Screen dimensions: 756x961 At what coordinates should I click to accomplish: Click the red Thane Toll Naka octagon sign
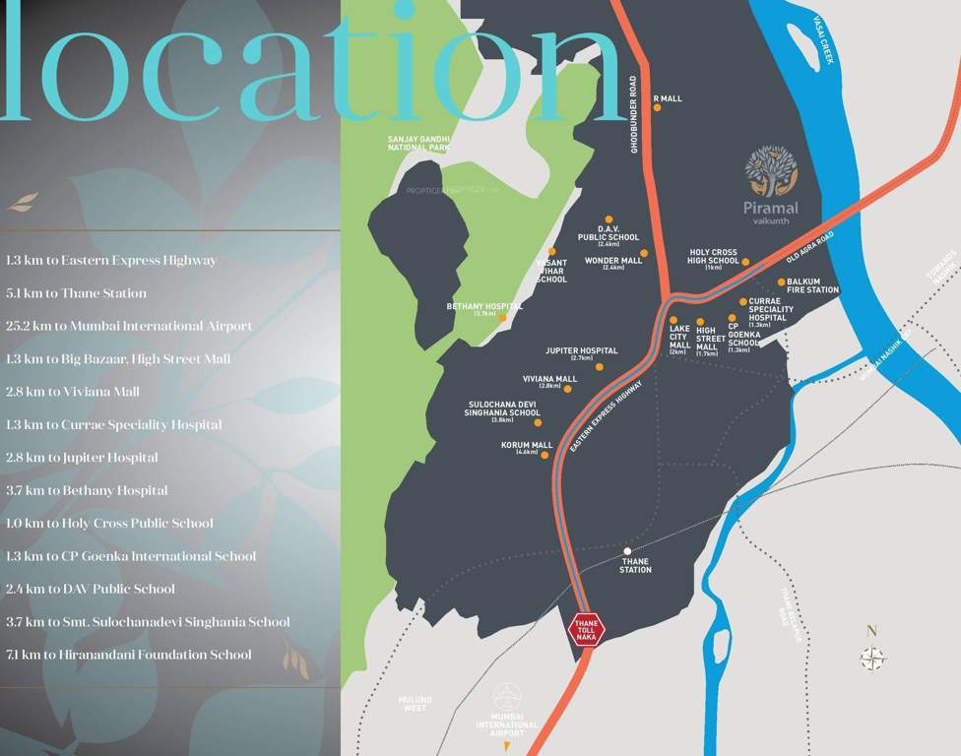click(x=587, y=630)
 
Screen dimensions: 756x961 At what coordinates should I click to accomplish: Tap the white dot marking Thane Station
click(x=627, y=551)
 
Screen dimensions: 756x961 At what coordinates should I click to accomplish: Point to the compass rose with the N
click(x=872, y=657)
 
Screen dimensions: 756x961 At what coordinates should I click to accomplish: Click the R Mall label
click(x=668, y=98)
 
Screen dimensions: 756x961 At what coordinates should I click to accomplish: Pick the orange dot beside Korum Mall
click(x=545, y=455)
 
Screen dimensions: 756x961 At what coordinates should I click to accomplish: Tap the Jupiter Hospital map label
click(x=582, y=350)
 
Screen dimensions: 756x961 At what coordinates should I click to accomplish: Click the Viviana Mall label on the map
click(x=550, y=379)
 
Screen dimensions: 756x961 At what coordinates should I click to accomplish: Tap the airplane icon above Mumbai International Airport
click(x=508, y=695)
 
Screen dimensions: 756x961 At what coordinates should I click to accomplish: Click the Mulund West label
click(x=415, y=703)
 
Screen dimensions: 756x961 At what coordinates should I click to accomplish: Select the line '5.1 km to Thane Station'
click(x=76, y=293)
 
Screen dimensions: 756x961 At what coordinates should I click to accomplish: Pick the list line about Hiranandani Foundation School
click(x=128, y=655)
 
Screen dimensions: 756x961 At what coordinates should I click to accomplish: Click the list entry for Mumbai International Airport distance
click(x=128, y=326)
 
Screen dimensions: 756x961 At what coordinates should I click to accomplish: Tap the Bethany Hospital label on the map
click(x=484, y=306)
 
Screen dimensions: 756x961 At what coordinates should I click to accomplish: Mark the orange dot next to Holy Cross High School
click(x=745, y=262)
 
